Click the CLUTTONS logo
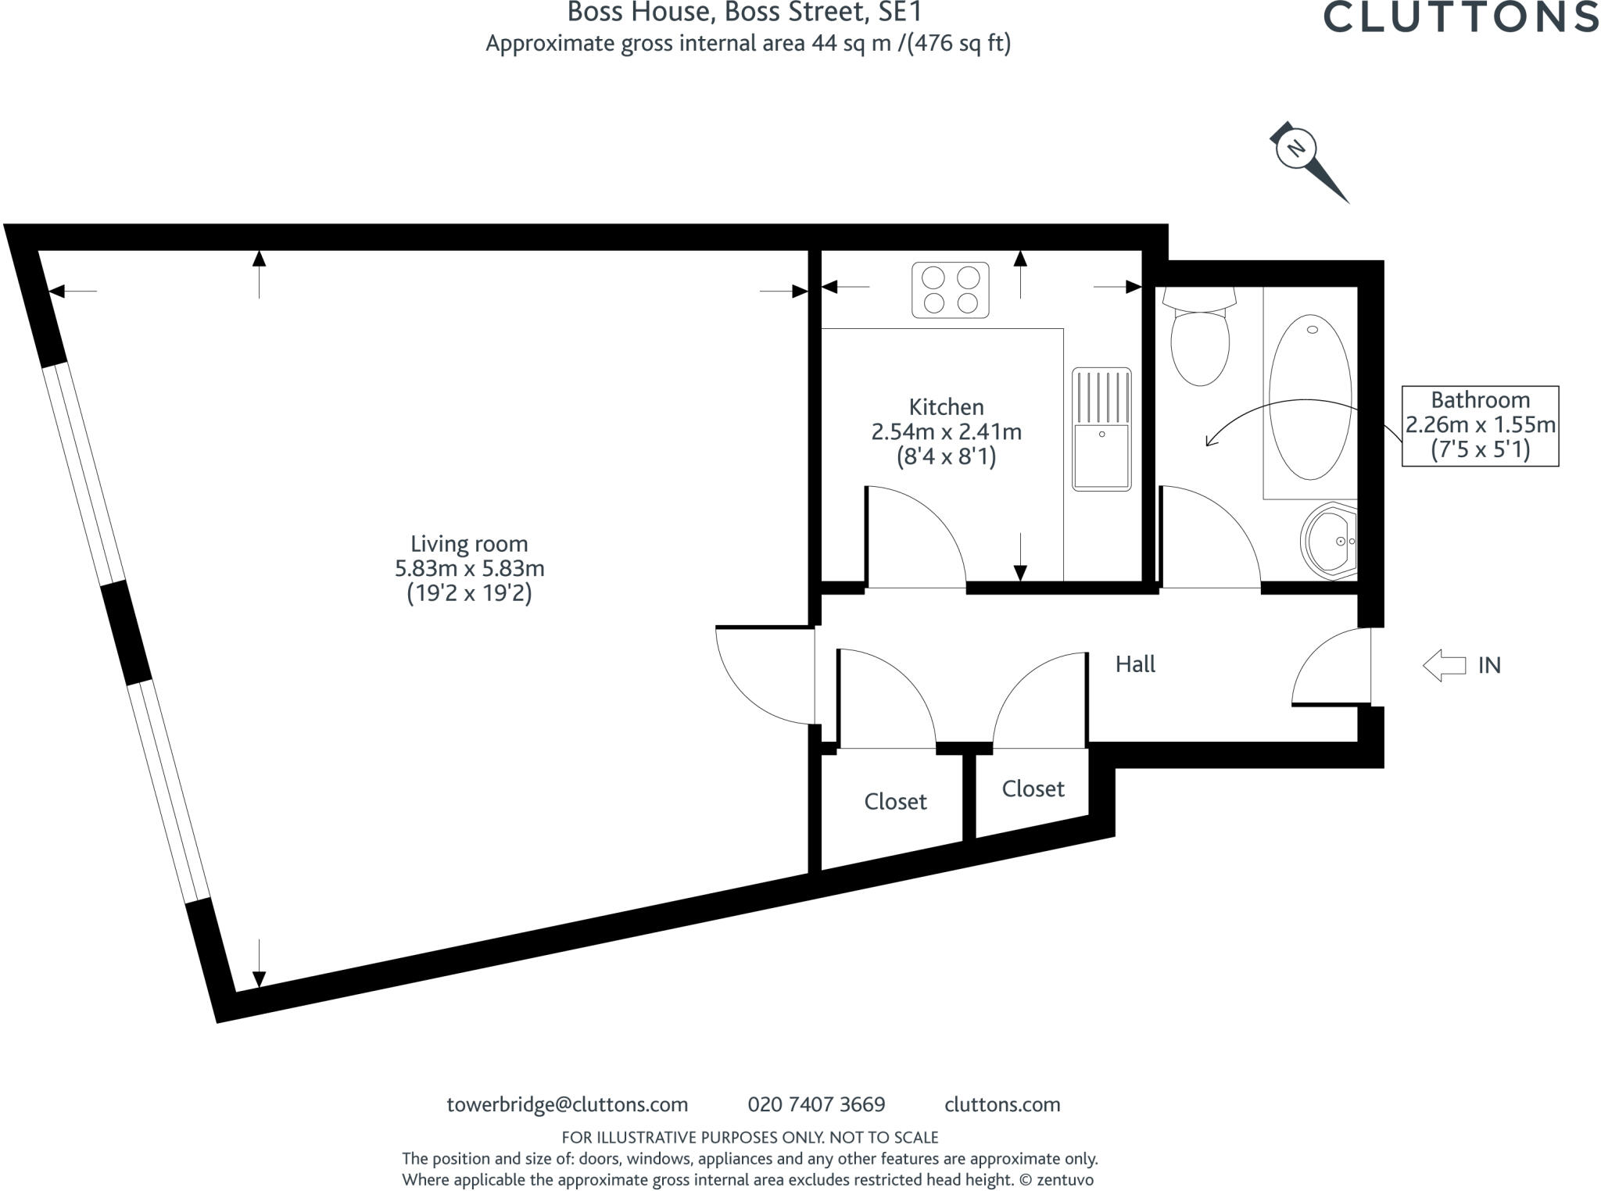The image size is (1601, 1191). (x=1460, y=17)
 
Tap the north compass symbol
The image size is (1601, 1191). (x=1297, y=148)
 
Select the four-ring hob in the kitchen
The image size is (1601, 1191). (x=950, y=290)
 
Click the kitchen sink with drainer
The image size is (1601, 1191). (x=1101, y=429)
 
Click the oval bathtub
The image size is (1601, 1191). (x=1309, y=397)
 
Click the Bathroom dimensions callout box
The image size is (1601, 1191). (x=1480, y=425)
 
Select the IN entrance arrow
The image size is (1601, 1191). (x=1443, y=666)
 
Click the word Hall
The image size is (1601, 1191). (x=1135, y=664)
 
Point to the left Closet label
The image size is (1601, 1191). (x=895, y=802)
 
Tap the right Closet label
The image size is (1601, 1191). (x=1033, y=789)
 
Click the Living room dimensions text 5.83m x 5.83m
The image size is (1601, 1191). (x=469, y=568)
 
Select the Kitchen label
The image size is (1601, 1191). (x=946, y=407)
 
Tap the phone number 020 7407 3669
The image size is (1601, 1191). (x=816, y=1104)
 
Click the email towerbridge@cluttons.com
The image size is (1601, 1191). (x=567, y=1104)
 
